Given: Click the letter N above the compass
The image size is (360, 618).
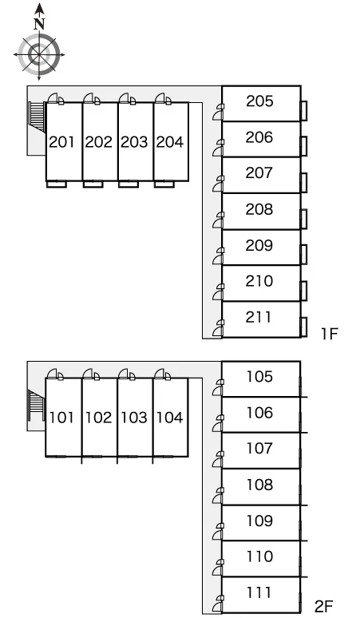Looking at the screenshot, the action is click(x=39, y=24).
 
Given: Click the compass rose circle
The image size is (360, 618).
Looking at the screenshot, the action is click(x=39, y=54).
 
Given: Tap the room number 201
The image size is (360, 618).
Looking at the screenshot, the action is click(x=61, y=142).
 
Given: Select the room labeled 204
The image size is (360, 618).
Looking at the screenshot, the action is click(x=170, y=142).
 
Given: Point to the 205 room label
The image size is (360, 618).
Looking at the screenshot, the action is click(x=259, y=101).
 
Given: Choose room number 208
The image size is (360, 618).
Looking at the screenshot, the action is click(x=259, y=209).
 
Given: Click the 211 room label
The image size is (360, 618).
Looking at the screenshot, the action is click(x=259, y=317).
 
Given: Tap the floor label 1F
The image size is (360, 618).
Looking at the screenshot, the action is click(x=330, y=334).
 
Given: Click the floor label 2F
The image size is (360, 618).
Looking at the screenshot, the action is click(x=324, y=606).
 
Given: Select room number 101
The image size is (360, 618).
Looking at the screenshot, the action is click(x=61, y=418).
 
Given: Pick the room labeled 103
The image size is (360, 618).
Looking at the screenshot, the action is click(x=134, y=418).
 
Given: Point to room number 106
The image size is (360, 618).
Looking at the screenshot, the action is click(x=259, y=413).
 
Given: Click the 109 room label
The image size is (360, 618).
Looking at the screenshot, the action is click(x=259, y=521).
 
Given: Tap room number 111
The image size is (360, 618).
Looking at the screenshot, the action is click(x=259, y=592).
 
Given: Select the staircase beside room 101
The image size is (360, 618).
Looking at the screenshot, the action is click(x=37, y=405).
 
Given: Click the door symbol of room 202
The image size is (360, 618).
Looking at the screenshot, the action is click(x=92, y=98).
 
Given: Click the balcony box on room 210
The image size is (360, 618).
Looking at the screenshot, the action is click(x=303, y=291).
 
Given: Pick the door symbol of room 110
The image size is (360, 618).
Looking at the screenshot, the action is click(x=218, y=568).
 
